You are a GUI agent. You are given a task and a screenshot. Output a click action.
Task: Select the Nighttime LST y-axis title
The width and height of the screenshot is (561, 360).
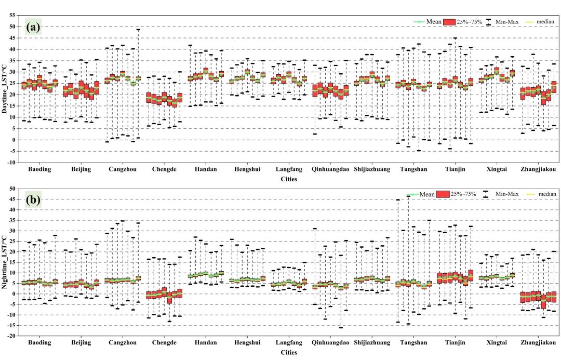5,263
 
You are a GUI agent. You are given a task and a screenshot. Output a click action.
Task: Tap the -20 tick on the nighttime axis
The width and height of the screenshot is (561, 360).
11,336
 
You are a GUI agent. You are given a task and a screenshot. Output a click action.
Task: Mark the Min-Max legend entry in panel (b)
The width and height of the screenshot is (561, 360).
506,194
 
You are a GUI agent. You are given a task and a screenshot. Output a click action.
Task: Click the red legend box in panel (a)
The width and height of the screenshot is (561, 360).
450,22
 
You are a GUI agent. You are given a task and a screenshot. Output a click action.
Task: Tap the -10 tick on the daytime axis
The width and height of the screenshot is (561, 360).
11,163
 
